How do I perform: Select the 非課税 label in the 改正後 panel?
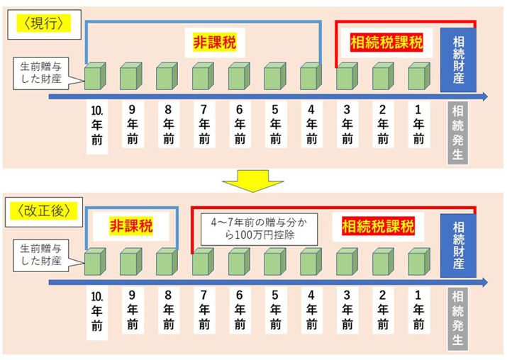(x=130, y=227)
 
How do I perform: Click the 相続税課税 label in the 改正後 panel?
(x=378, y=227)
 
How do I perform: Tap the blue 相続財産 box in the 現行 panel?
(x=458, y=60)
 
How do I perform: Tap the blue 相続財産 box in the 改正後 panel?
(x=458, y=246)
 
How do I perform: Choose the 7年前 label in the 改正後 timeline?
(x=204, y=312)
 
